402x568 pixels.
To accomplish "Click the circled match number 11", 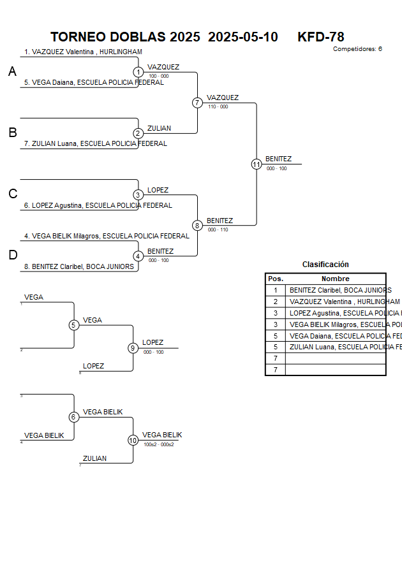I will (x=257, y=164).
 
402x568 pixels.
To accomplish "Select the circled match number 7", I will (x=197, y=103).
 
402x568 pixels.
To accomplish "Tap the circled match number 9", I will (x=133, y=348).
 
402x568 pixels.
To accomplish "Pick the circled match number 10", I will (x=133, y=440).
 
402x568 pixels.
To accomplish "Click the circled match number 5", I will (x=74, y=325).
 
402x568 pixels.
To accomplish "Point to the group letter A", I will (x=12, y=73).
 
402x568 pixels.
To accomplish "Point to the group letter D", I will (x=12, y=256).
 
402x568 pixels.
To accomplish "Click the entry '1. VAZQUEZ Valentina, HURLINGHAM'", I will (x=83, y=52).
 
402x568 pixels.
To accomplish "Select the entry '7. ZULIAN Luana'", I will (x=95, y=144).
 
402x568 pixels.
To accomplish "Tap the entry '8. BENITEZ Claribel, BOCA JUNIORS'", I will (x=83, y=267).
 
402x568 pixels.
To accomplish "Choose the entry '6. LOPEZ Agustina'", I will (x=98, y=206).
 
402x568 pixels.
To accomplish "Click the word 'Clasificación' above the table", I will (x=325, y=265).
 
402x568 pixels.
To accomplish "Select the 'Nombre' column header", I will (x=335, y=279).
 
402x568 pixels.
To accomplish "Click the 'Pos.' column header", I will (x=275, y=279).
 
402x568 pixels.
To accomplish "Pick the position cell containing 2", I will (x=275, y=302).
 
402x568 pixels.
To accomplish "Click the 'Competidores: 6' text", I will (x=357, y=49).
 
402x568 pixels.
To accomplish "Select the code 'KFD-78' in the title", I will (x=320, y=37).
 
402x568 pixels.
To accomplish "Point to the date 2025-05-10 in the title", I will (x=243, y=37).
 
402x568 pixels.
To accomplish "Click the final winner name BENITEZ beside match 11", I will (x=278, y=159).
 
